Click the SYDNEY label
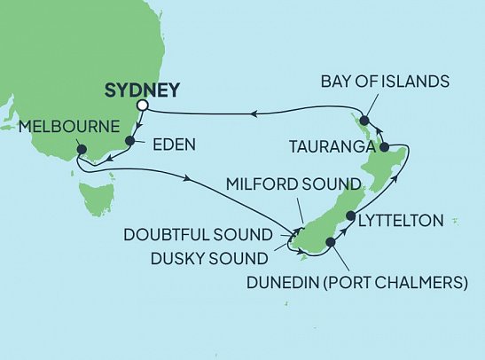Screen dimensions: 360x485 click(142, 90)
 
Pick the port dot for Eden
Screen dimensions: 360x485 click(131, 140)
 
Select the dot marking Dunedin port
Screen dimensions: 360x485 click(330, 241)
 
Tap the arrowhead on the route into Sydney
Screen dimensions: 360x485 click(251, 113)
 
